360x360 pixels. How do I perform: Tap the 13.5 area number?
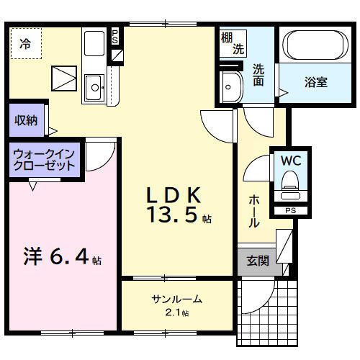177,215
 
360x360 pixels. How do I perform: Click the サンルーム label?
176,299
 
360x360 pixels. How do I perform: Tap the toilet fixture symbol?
291,184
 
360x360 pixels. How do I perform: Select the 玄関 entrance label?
258,261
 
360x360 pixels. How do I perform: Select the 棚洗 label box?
232,44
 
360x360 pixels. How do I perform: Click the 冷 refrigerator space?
25,43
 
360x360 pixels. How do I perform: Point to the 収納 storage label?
27,120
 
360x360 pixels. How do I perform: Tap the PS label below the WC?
290,210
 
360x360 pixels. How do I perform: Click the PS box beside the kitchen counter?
114,37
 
